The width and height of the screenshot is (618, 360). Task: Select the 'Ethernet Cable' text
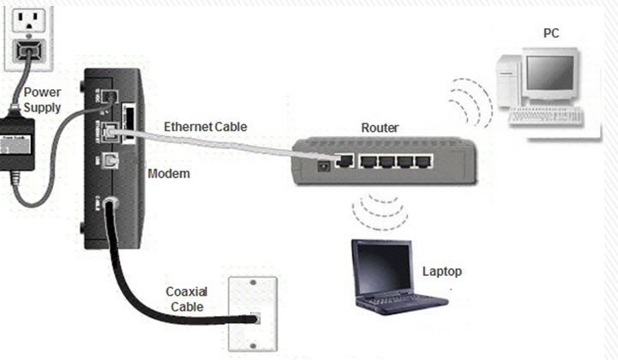pyautogui.click(x=206, y=127)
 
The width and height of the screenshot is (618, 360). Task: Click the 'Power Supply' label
pyautogui.click(x=42, y=99)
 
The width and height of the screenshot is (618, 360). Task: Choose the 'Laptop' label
pyautogui.click(x=442, y=271)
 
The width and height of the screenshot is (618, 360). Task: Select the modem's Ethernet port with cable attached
pyautogui.click(x=111, y=131)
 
